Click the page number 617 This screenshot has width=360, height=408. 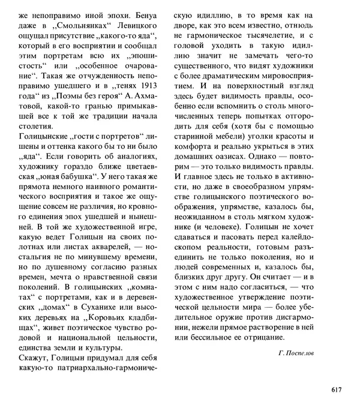click(336, 390)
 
